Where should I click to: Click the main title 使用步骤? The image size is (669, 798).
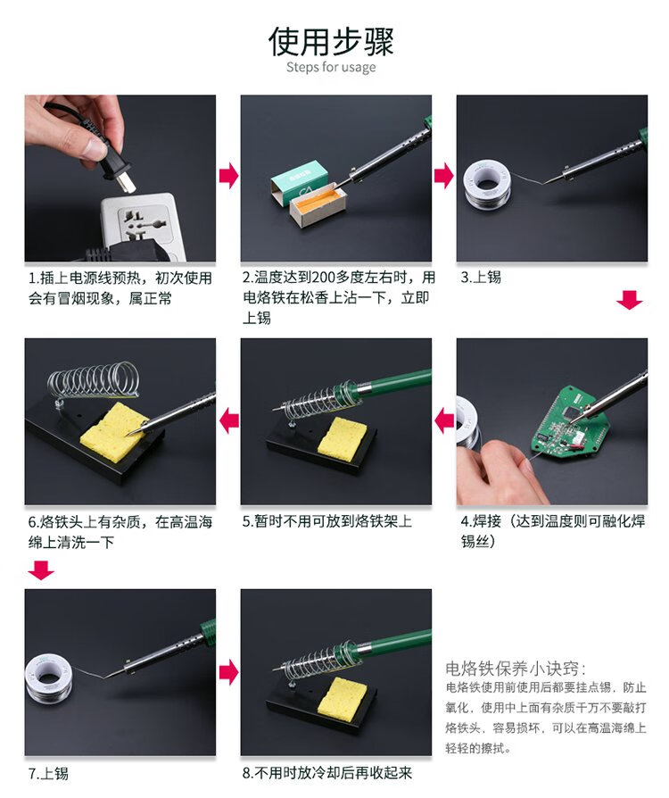pos(331,42)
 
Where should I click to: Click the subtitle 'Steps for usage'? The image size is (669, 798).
pos(331,67)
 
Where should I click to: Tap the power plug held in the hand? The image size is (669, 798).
pos(116,167)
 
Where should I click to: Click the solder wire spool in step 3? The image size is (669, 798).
pos(487,184)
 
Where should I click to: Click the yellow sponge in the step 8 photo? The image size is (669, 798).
pos(342,695)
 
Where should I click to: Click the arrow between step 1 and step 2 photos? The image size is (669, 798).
pos(228,176)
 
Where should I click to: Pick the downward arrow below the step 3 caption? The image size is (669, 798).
pos(630,299)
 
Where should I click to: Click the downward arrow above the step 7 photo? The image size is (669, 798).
pos(41,570)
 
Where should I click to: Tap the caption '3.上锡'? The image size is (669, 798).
pos(481,278)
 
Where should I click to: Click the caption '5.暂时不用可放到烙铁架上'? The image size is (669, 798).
pos(327,521)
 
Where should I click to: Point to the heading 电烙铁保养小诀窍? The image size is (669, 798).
pos(516,668)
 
